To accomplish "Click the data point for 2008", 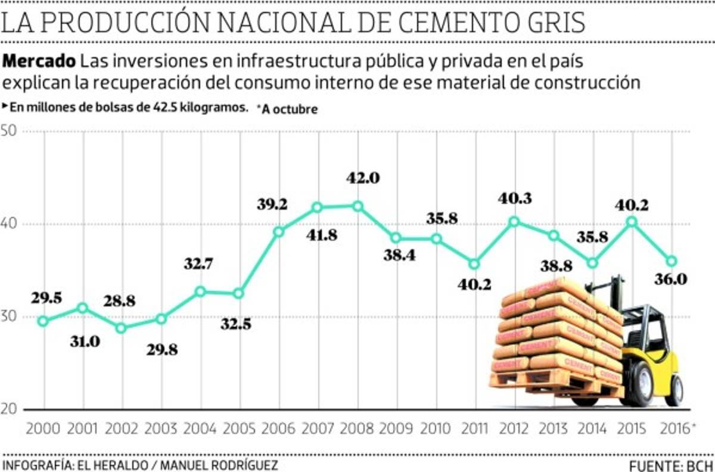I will pos(357,206).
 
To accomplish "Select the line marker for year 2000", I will pos(43,321).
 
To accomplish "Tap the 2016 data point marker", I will pos(671,261).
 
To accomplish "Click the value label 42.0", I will pos(363,178).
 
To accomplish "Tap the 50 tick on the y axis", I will pos(10,132).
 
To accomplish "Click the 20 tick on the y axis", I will pos(10,409).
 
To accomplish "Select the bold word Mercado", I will pos(40,61).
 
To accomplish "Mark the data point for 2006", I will pos(279,231).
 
